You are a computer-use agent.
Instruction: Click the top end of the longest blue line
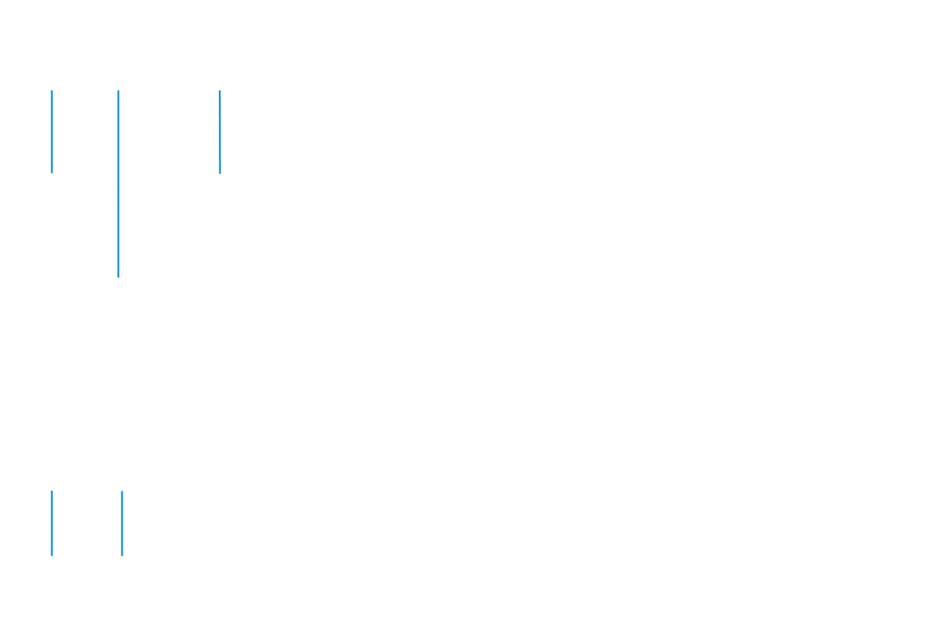click(x=118, y=91)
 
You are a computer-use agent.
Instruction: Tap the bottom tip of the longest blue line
click(x=118, y=277)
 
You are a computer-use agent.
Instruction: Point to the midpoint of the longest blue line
click(x=118, y=184)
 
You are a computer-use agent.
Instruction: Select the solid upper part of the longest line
click(x=118, y=125)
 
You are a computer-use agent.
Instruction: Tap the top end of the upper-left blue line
click(x=52, y=91)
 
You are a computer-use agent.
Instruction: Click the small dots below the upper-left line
click(x=52, y=168)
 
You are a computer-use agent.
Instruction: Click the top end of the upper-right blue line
click(x=220, y=91)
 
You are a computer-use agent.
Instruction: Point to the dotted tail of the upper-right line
click(x=220, y=168)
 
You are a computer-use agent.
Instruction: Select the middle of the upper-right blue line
click(x=220, y=129)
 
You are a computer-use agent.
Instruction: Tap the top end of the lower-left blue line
click(x=52, y=492)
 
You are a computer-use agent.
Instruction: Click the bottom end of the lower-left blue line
click(x=52, y=555)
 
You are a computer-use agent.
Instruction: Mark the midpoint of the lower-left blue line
click(x=52, y=524)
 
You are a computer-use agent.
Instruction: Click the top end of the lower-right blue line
click(x=122, y=492)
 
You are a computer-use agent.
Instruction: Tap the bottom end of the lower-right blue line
click(x=122, y=555)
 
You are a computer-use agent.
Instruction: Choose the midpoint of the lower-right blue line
click(x=122, y=524)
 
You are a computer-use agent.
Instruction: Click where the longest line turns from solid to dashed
click(x=118, y=161)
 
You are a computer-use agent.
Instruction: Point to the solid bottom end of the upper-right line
click(x=220, y=160)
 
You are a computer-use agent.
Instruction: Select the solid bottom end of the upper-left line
click(x=52, y=160)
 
